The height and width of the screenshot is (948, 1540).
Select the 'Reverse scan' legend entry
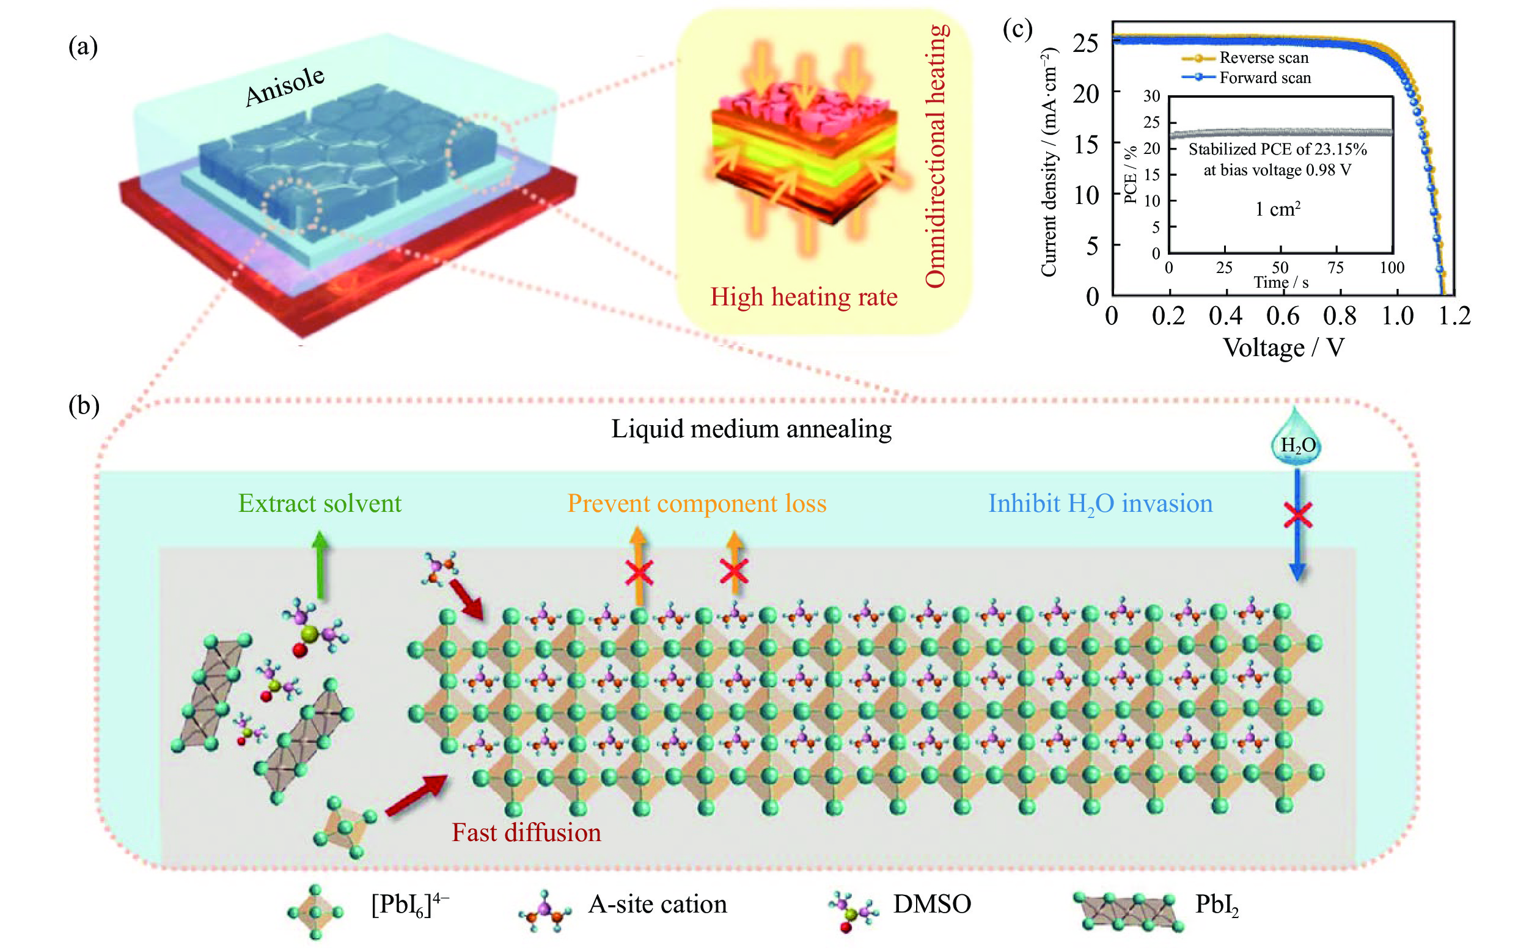[1263, 57]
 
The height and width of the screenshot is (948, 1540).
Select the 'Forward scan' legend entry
[1264, 78]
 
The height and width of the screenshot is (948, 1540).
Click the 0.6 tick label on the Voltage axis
[1282, 316]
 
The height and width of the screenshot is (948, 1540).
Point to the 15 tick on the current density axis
[1087, 145]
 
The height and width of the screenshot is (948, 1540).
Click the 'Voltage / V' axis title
[1283, 348]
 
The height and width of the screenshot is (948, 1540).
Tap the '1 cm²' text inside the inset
[1278, 209]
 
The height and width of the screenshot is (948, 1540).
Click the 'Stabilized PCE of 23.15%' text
[1277, 149]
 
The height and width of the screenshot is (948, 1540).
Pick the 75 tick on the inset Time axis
[1335, 268]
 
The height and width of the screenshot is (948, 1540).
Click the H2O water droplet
[1296, 439]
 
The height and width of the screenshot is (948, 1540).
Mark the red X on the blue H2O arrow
[1297, 516]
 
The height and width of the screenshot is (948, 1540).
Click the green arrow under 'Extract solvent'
[321, 564]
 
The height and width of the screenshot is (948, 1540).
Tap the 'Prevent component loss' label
[696, 503]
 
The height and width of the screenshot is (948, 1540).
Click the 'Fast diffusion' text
[526, 833]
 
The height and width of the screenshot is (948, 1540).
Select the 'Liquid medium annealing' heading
[751, 429]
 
